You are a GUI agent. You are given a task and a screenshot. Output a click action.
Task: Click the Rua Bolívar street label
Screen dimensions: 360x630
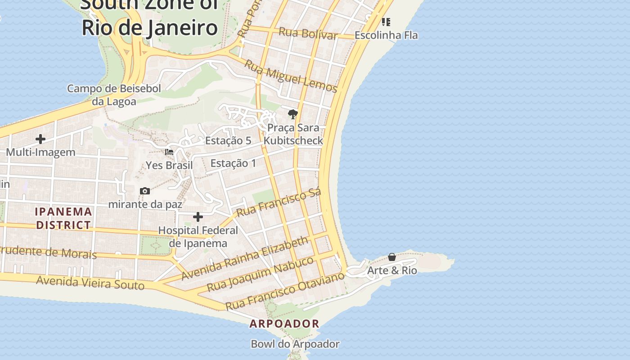[x=308, y=34]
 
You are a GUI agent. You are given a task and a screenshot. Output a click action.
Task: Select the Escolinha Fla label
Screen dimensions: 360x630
[x=386, y=35]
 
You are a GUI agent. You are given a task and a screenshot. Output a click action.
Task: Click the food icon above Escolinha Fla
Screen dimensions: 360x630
[x=386, y=22]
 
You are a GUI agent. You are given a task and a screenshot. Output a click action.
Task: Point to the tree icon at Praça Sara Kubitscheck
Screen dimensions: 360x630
[x=293, y=114]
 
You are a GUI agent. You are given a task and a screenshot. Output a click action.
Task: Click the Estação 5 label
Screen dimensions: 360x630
[x=228, y=141]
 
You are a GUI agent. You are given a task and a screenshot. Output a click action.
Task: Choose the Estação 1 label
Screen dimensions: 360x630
[x=233, y=163]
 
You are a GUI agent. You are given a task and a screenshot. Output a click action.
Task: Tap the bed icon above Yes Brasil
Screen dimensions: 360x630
[x=169, y=152]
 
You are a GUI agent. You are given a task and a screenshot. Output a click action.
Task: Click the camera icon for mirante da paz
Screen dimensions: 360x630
[x=144, y=191]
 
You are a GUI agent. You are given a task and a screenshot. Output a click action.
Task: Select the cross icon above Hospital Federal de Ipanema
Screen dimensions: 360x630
[x=198, y=217]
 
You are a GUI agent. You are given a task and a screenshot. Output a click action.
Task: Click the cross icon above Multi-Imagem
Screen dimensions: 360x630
[x=40, y=139]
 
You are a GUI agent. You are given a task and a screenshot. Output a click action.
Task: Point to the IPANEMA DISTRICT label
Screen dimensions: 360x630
[x=63, y=218]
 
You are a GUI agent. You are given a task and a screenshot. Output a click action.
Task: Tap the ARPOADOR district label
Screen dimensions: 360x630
[x=284, y=324]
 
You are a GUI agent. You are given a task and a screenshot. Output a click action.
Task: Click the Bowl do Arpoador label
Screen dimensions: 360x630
[x=295, y=344]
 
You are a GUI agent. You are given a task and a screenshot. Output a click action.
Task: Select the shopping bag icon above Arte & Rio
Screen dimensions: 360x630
[x=392, y=257]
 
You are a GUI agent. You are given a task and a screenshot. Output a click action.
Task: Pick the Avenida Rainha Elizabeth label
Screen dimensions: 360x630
[x=245, y=259]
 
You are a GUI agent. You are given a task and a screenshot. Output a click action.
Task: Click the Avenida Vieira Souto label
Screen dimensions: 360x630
[x=90, y=283]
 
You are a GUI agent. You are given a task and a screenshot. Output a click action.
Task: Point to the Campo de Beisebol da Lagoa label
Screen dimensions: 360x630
[x=114, y=95]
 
